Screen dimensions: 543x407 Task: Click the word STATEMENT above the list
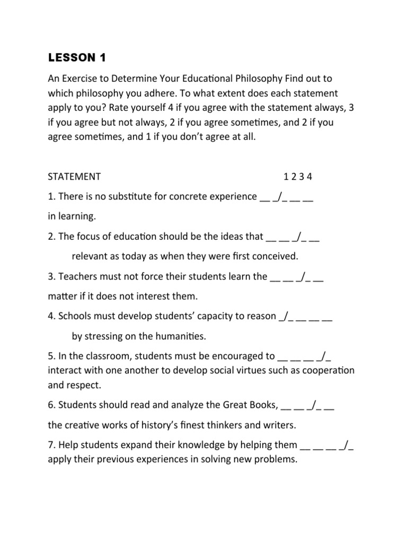pos(74,177)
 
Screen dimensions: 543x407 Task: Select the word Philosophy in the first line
pos(253,78)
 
